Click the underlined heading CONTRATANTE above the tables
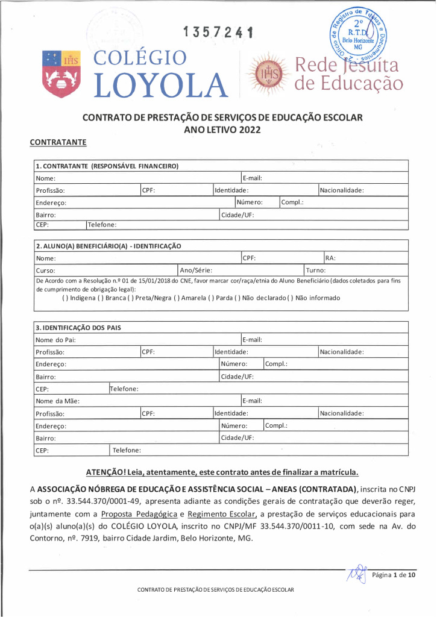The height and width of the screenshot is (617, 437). (x=58, y=142)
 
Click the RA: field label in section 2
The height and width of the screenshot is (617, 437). (x=330, y=258)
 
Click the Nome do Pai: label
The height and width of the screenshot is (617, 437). (x=55, y=340)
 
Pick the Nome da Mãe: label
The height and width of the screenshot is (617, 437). (x=57, y=401)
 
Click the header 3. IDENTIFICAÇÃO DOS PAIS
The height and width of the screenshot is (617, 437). (x=78, y=328)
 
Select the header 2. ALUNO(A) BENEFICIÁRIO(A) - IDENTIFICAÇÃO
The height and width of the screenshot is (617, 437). (x=108, y=246)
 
